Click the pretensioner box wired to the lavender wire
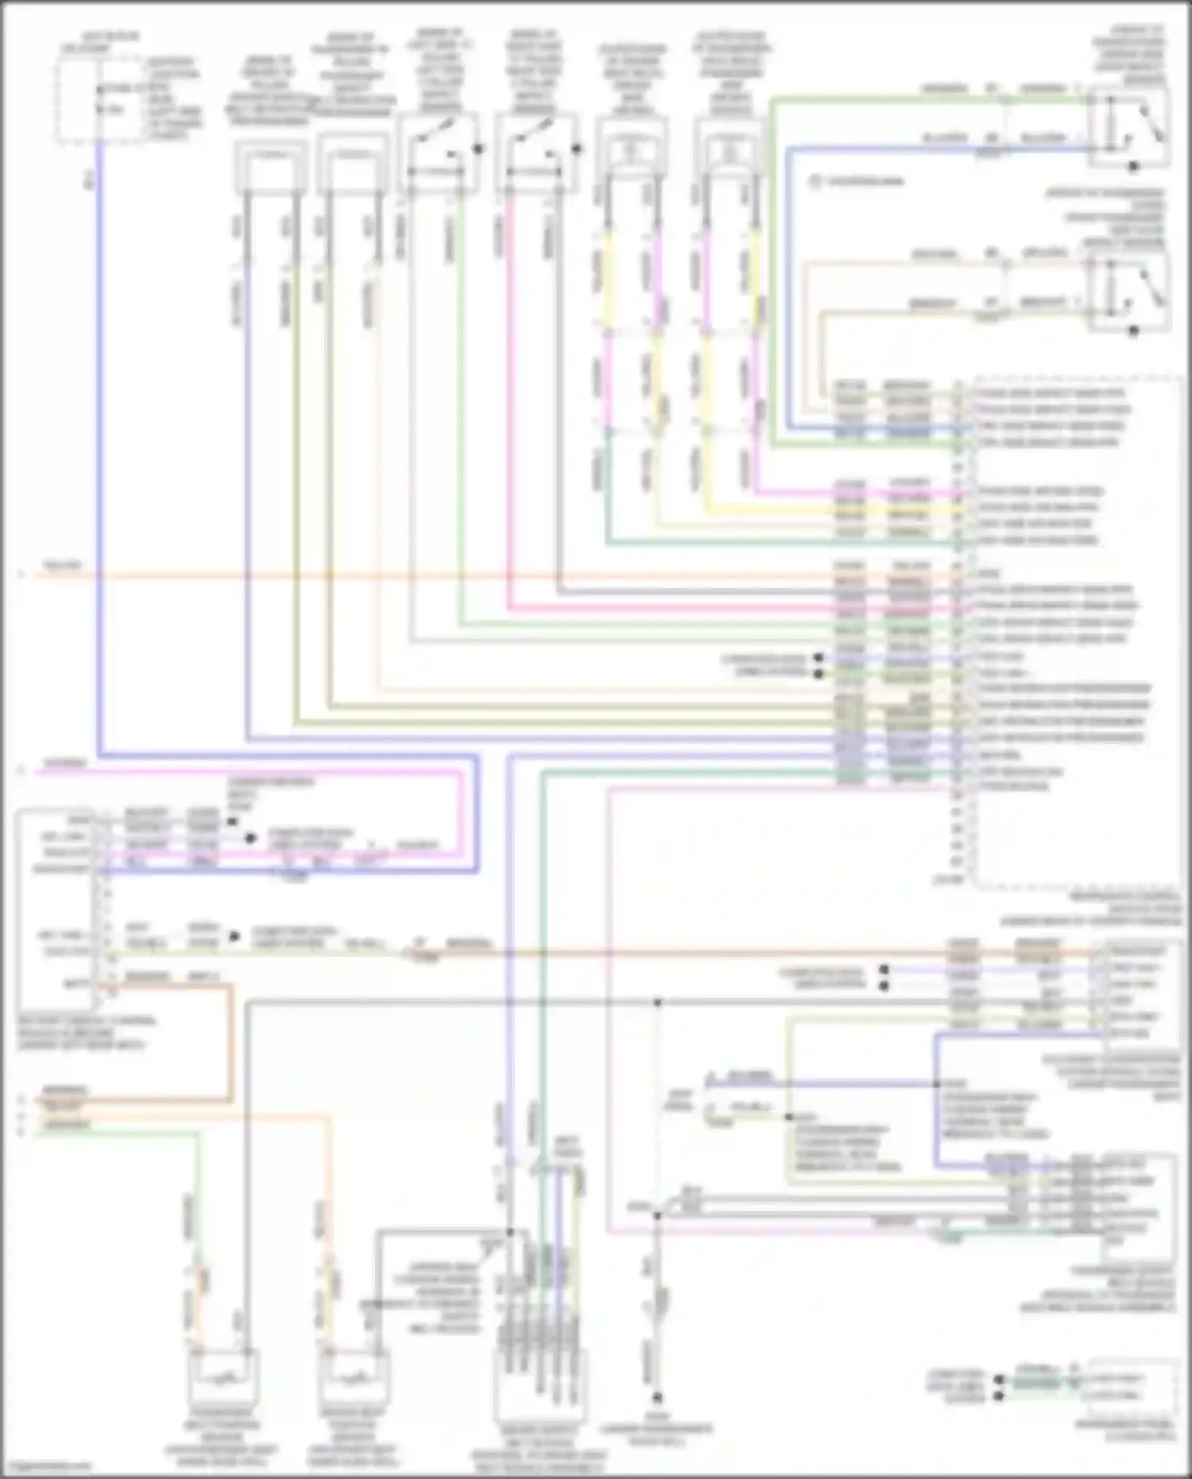pyautogui.click(x=270, y=168)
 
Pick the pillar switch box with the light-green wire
pyautogui.click(x=438, y=153)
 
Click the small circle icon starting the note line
pyautogui.click(x=815, y=182)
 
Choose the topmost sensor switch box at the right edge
pyautogui.click(x=1128, y=126)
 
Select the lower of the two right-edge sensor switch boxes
pyautogui.click(x=1128, y=291)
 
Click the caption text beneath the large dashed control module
pyautogui.click(x=1089, y=909)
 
